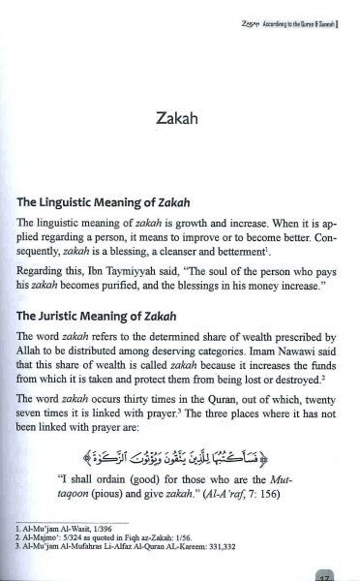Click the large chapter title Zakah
pyautogui.click(x=180, y=123)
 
